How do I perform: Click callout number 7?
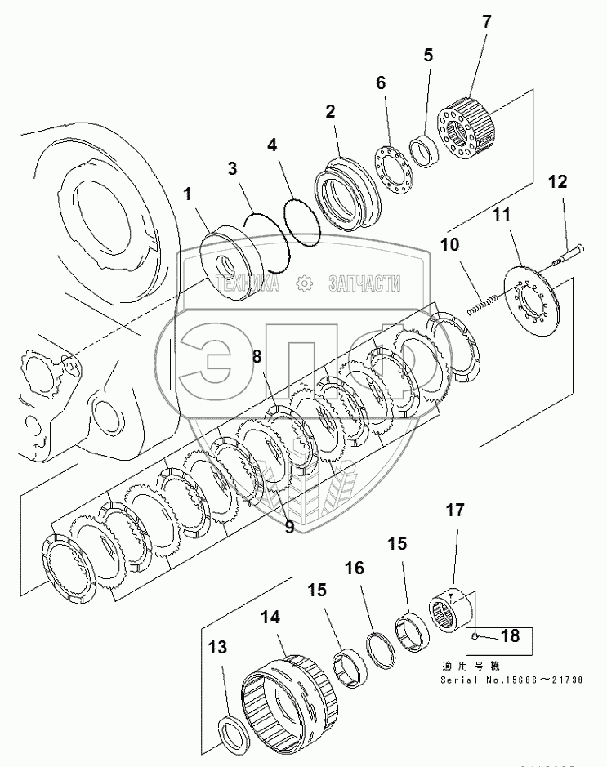coord(486,22)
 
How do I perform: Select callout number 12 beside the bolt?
coord(557,183)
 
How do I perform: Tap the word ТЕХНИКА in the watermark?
coord(246,283)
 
